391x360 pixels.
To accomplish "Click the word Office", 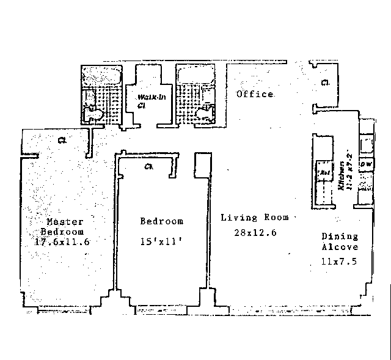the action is point(255,94).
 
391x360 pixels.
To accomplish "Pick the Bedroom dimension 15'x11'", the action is point(161,241).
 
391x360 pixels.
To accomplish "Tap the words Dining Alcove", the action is point(340,241).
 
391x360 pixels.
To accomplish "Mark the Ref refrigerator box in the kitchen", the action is point(324,173).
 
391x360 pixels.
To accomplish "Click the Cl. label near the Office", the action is point(325,83).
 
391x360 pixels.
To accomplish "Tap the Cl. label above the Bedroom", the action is point(148,166).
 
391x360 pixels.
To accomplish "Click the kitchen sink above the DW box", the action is point(367,144).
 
